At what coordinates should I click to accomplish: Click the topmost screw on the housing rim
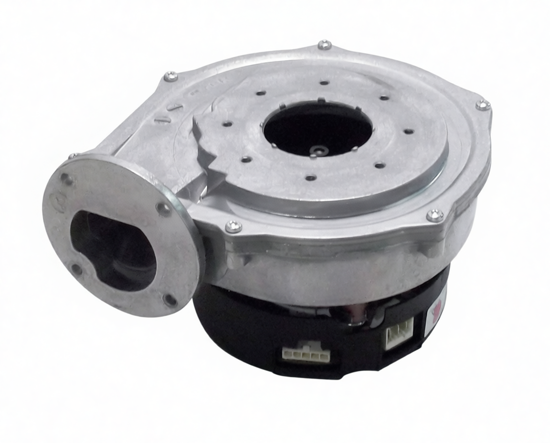click(x=325, y=45)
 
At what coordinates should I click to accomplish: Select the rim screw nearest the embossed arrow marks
click(x=170, y=76)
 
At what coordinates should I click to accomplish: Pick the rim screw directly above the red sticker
click(x=434, y=215)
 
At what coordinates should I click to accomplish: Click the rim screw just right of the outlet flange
click(x=233, y=226)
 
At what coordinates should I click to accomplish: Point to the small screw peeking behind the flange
click(x=73, y=156)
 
